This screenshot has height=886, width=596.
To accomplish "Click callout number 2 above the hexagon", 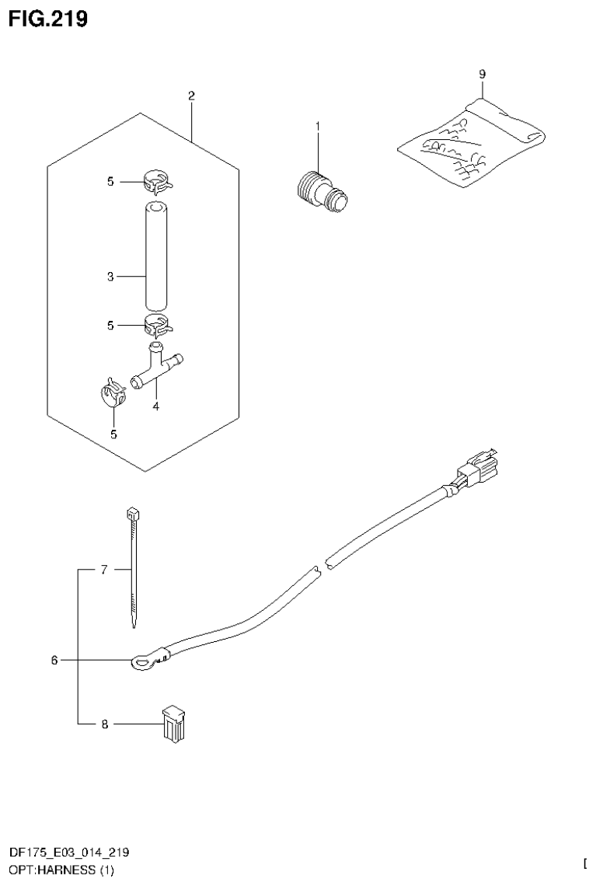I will pyautogui.click(x=191, y=96).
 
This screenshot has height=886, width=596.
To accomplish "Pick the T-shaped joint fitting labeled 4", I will pyautogui.click(x=158, y=365).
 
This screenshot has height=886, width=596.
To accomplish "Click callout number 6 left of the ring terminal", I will pyautogui.click(x=54, y=661).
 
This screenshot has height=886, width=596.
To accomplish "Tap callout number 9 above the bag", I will pyautogui.click(x=482, y=74).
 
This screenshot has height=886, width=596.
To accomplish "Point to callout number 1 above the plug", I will pyautogui.click(x=317, y=125).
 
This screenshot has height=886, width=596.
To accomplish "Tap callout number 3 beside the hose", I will pyautogui.click(x=110, y=277).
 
